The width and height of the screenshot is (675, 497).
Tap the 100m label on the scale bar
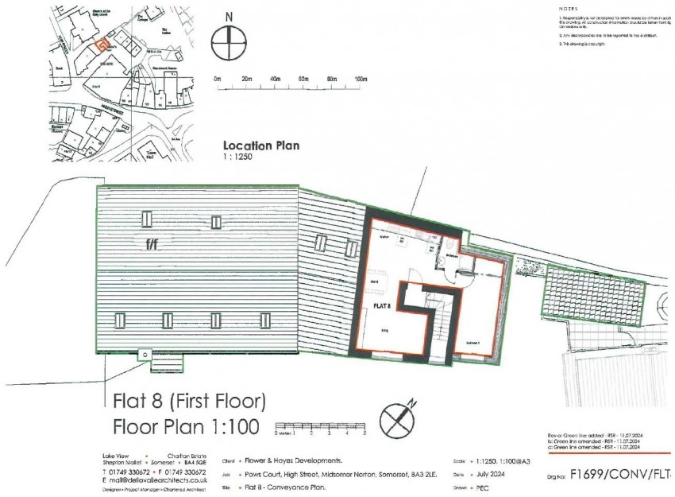click(361, 80)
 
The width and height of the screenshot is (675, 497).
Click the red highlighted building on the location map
click(100, 46)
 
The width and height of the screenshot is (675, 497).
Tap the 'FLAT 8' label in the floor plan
click(380, 304)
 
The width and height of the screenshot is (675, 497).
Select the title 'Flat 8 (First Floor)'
click(190, 399)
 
